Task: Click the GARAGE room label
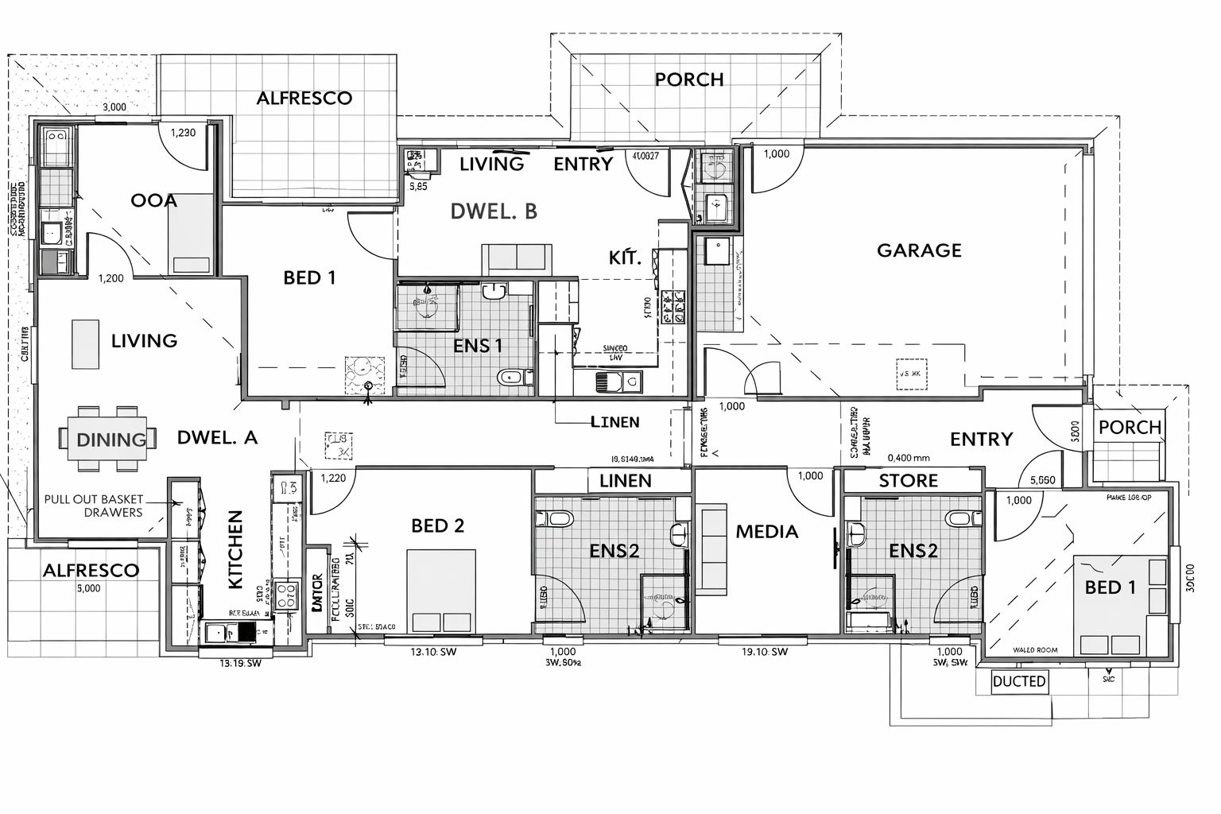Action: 919,250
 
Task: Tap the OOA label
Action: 154,200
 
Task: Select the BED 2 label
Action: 437,525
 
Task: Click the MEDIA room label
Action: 766,531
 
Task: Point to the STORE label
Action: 908,481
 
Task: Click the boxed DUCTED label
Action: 1019,681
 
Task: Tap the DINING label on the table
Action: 111,440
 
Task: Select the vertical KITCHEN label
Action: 235,549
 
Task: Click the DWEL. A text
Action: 217,437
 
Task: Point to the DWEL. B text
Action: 494,211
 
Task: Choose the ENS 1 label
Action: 478,346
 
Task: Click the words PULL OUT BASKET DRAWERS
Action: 94,506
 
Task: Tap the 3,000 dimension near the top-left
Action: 114,107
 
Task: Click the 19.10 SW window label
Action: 764,653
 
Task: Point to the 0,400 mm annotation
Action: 909,458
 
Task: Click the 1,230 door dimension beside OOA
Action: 183,133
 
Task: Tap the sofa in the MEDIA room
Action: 713,549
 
